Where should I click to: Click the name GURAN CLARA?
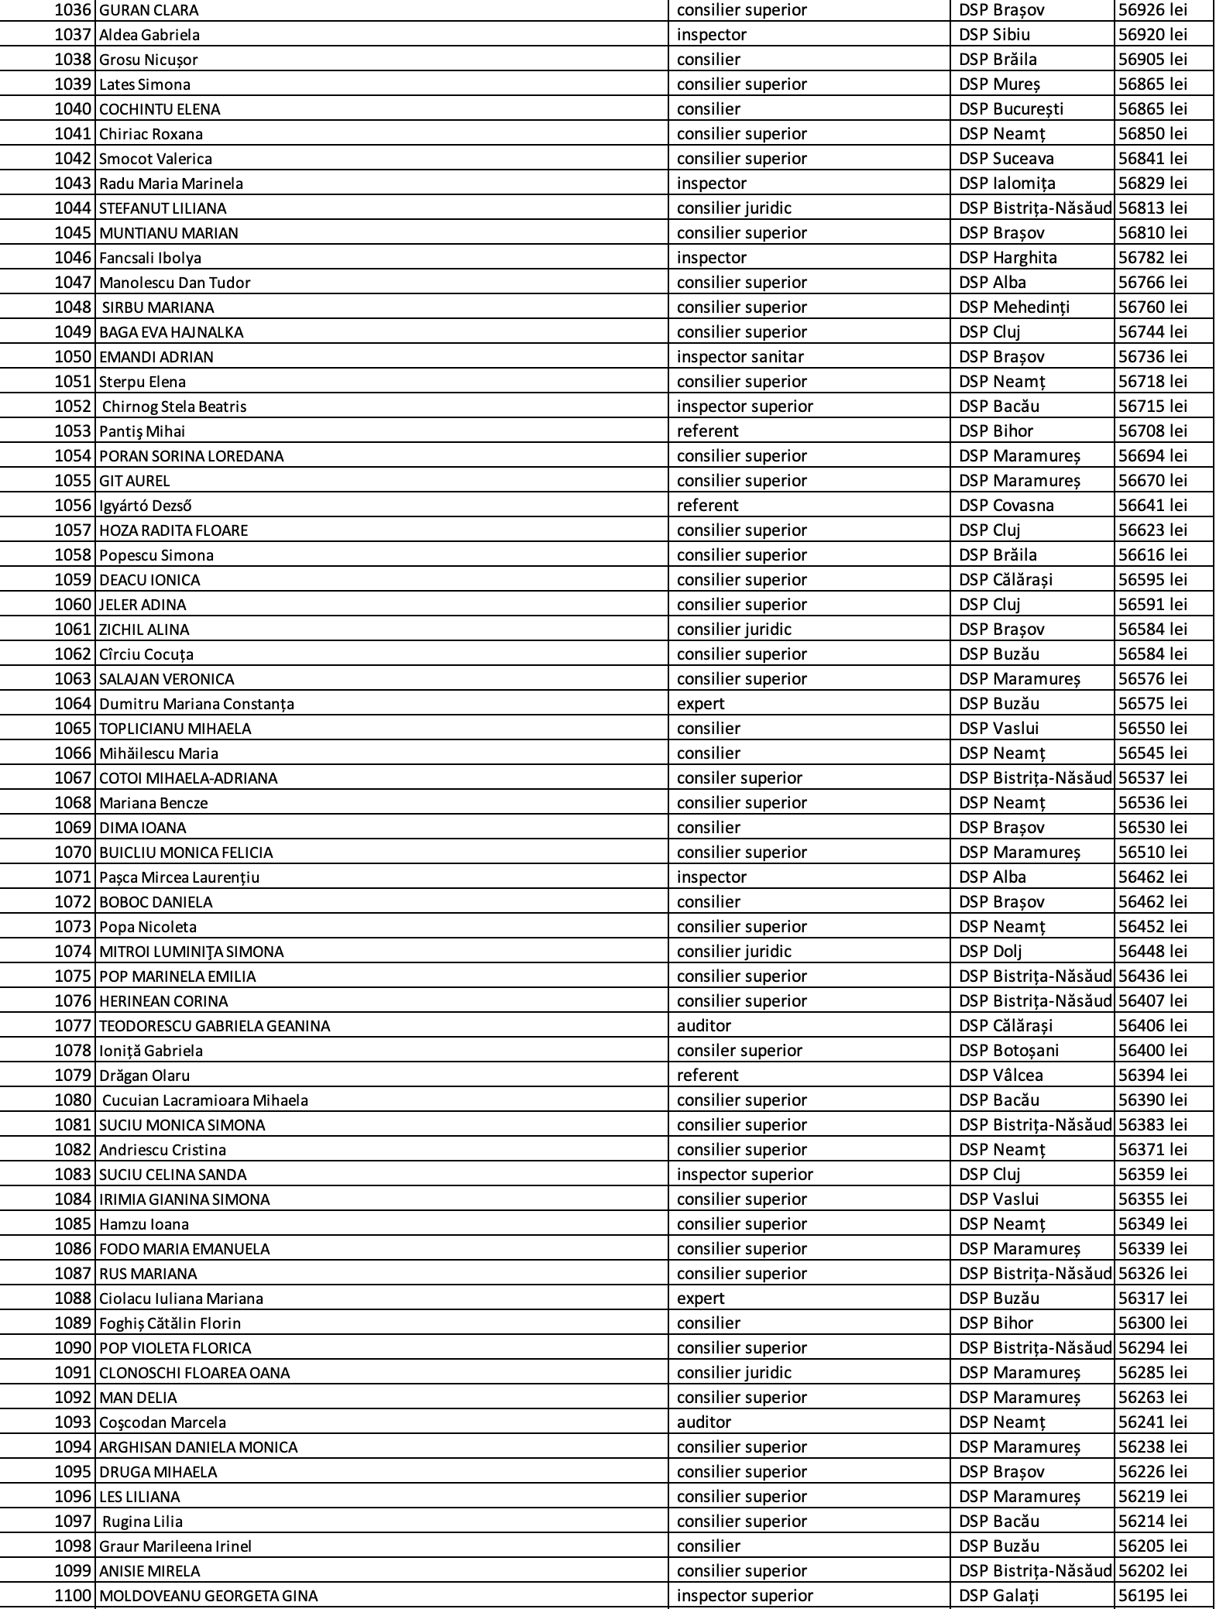coord(149,11)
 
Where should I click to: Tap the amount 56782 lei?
coord(1152,258)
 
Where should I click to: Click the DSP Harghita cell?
coord(1008,258)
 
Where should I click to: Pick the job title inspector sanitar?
coord(740,357)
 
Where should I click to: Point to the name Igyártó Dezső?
coord(146,506)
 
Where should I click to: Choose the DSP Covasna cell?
coord(1006,506)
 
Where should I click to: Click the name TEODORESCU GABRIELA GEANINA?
coord(215,1026)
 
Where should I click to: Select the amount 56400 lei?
coord(1152,1051)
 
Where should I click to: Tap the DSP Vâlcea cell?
coord(1001,1076)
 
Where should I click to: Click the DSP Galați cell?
coord(998,1596)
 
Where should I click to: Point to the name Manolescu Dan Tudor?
coord(175,283)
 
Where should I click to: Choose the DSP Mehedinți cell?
coord(1014,307)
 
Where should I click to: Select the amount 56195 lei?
coord(1152,1596)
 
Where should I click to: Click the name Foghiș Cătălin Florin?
coord(170,1323)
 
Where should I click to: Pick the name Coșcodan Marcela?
coord(163,1422)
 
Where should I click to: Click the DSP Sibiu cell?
coord(994,35)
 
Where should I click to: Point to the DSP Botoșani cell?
coord(1008,1051)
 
